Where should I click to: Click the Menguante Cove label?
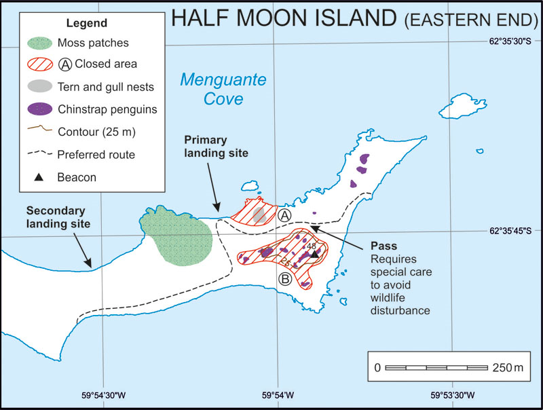211,90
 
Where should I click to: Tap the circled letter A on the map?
284,215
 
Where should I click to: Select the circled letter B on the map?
285,278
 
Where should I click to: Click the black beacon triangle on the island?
314,255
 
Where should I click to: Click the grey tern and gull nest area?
259,215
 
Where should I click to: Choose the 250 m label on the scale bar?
509,368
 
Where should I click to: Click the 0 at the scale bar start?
377,368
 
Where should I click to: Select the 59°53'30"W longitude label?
451,395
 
